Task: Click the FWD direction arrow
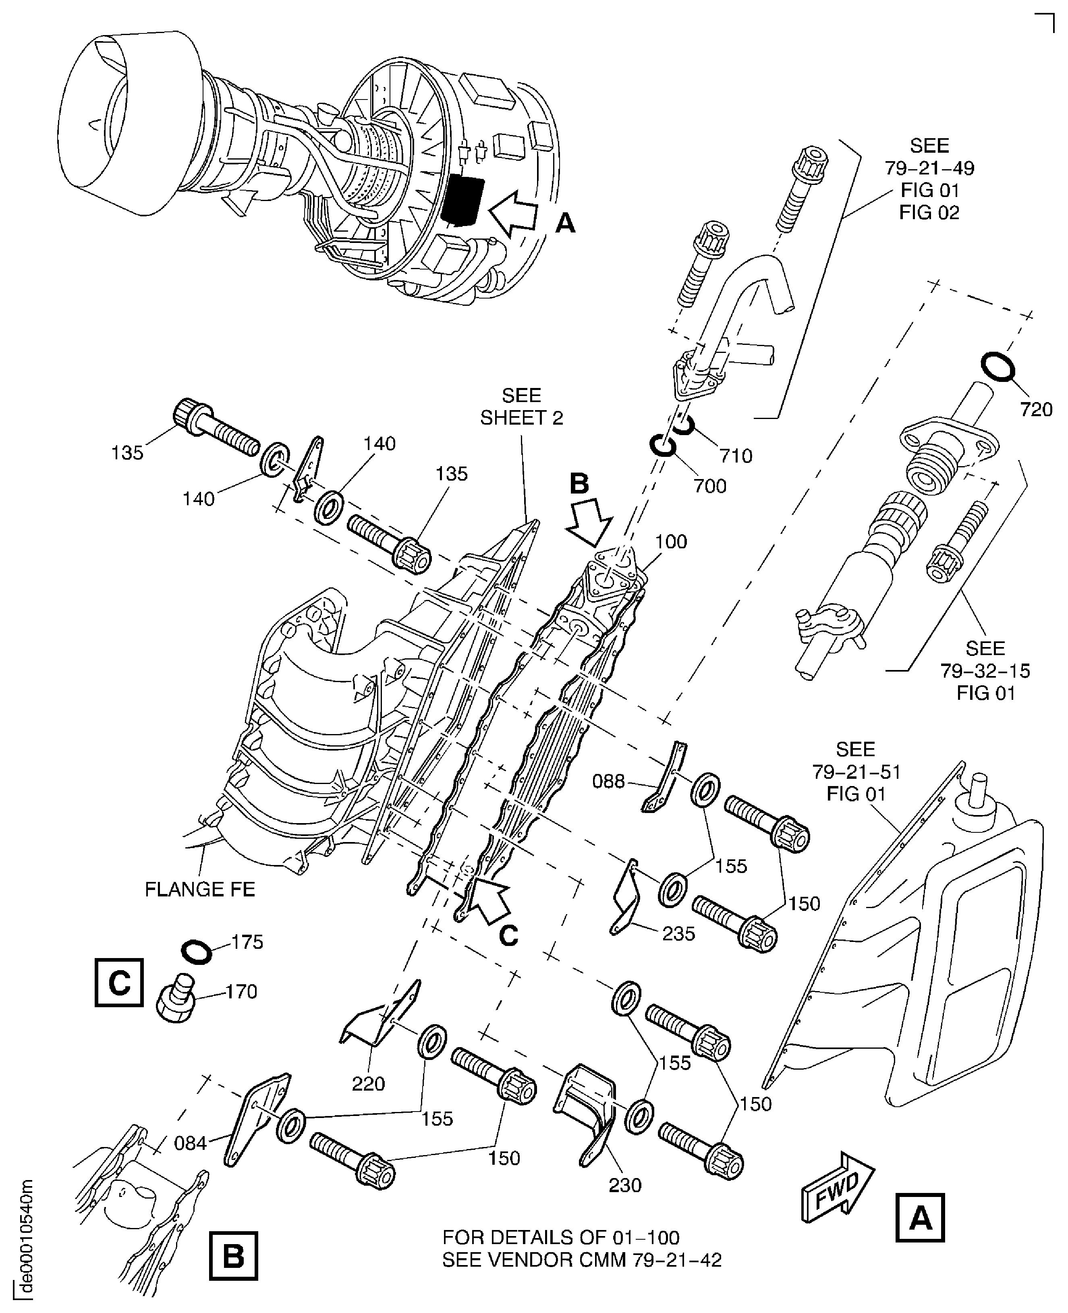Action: click(x=837, y=1185)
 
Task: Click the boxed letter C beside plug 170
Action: click(x=119, y=983)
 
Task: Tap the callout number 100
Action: click(x=671, y=541)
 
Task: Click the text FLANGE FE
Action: click(x=200, y=889)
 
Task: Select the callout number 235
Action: click(x=678, y=933)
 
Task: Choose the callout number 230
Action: click(x=625, y=1184)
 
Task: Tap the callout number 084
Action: click(x=190, y=1143)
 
